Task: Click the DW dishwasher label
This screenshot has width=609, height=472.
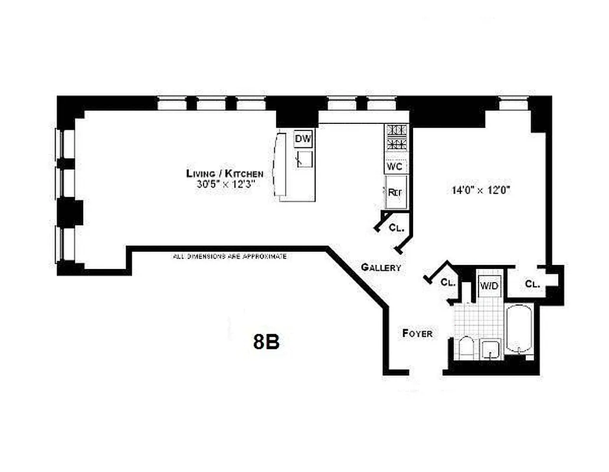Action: [x=303, y=139]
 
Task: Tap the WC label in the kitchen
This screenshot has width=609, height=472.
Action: [x=395, y=166]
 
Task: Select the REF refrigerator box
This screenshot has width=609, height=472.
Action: [x=395, y=192]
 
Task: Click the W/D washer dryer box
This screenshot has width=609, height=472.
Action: [x=489, y=286]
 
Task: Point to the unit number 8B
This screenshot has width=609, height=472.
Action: [x=266, y=342]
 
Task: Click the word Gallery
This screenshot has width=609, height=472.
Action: [x=381, y=267]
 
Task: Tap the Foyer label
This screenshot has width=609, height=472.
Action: [x=417, y=333]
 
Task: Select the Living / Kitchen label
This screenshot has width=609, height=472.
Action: [x=225, y=173]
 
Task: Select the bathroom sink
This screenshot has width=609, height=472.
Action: [x=490, y=349]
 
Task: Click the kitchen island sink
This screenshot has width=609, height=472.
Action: [x=304, y=159]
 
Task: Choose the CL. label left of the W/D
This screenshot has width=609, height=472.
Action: [x=448, y=282]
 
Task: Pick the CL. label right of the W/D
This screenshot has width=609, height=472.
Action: [x=533, y=284]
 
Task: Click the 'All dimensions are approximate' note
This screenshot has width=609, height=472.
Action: [x=230, y=257]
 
